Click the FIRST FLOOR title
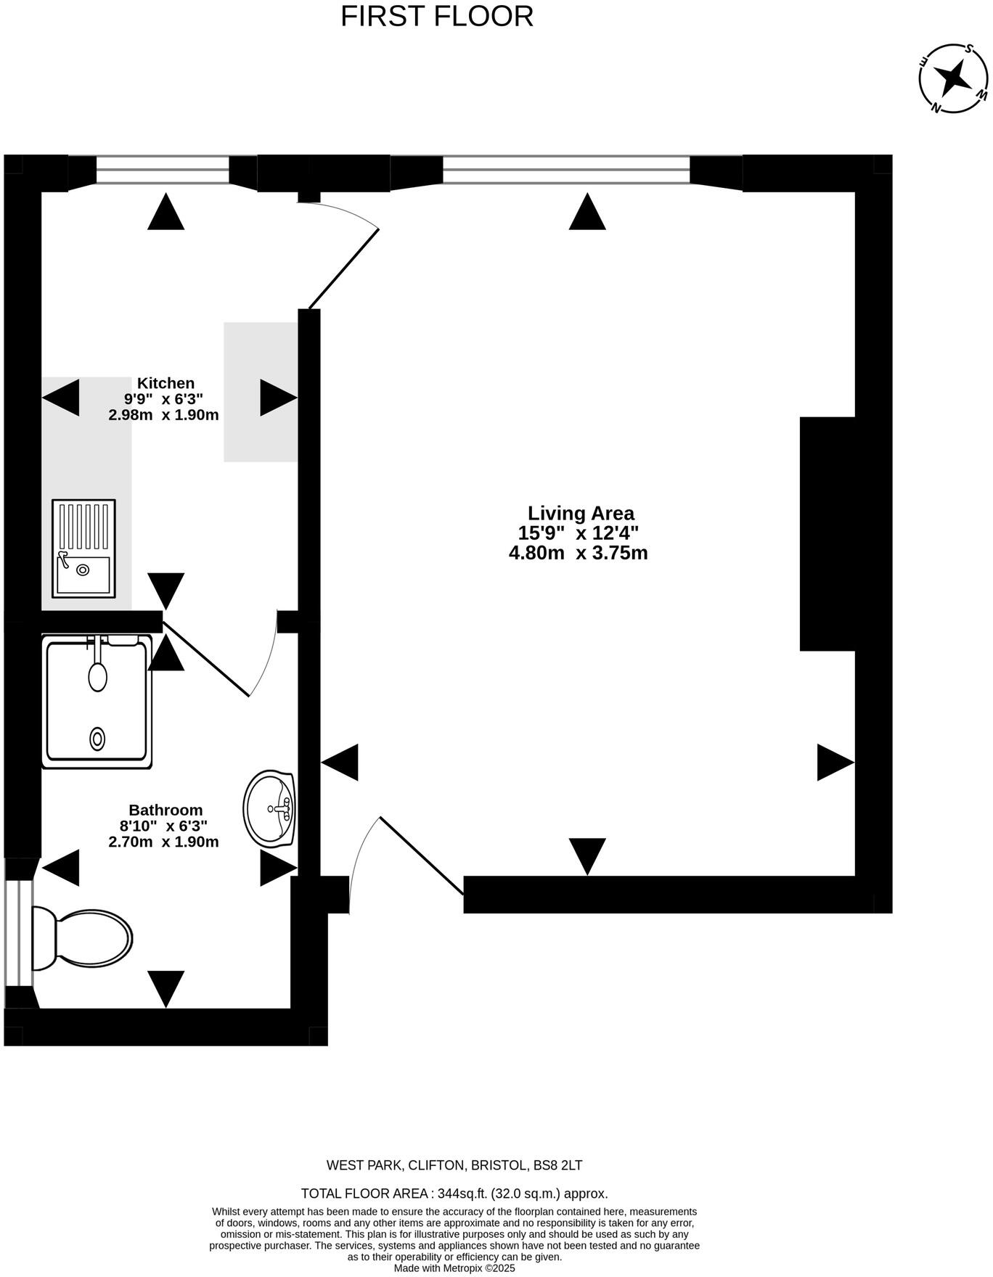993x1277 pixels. click(x=437, y=17)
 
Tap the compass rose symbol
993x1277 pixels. click(x=953, y=76)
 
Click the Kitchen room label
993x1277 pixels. click(x=166, y=383)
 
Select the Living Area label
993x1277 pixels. click(x=581, y=514)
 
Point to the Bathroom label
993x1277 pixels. click(x=165, y=810)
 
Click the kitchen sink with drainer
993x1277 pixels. click(x=83, y=549)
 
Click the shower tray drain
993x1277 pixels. click(x=97, y=739)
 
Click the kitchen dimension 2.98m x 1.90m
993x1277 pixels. click(x=163, y=415)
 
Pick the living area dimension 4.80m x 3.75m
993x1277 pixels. click(x=579, y=553)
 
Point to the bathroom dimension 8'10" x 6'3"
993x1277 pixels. click(x=163, y=826)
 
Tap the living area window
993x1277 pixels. click(x=566, y=171)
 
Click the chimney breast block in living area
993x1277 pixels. click(x=827, y=533)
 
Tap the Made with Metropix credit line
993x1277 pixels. click(x=454, y=1268)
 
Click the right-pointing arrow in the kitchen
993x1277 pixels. click(x=278, y=398)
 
